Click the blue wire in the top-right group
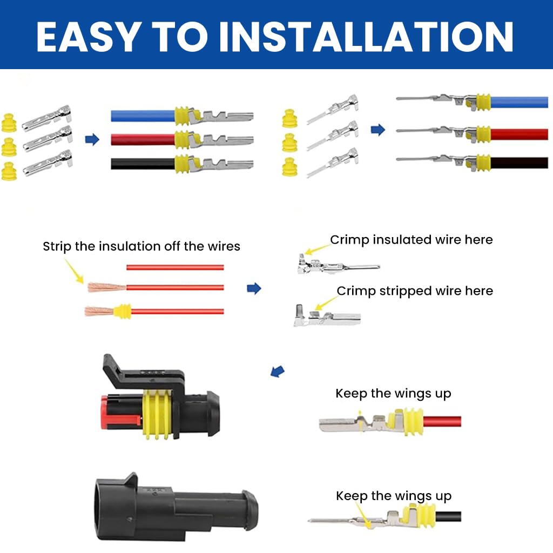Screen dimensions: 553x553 518,102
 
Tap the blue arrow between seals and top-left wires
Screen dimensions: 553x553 92,140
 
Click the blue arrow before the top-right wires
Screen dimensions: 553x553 378,130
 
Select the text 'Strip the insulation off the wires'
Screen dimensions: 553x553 141,247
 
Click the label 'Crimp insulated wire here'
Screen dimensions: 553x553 412,239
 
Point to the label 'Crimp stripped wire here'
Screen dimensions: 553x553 415,291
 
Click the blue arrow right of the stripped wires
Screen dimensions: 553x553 254,288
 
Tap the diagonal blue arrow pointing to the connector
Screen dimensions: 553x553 277,371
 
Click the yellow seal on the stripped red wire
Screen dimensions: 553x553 123,312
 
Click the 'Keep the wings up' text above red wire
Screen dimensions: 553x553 393,393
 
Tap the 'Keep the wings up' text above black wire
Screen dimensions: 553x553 393,496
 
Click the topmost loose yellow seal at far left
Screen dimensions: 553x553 9,123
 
